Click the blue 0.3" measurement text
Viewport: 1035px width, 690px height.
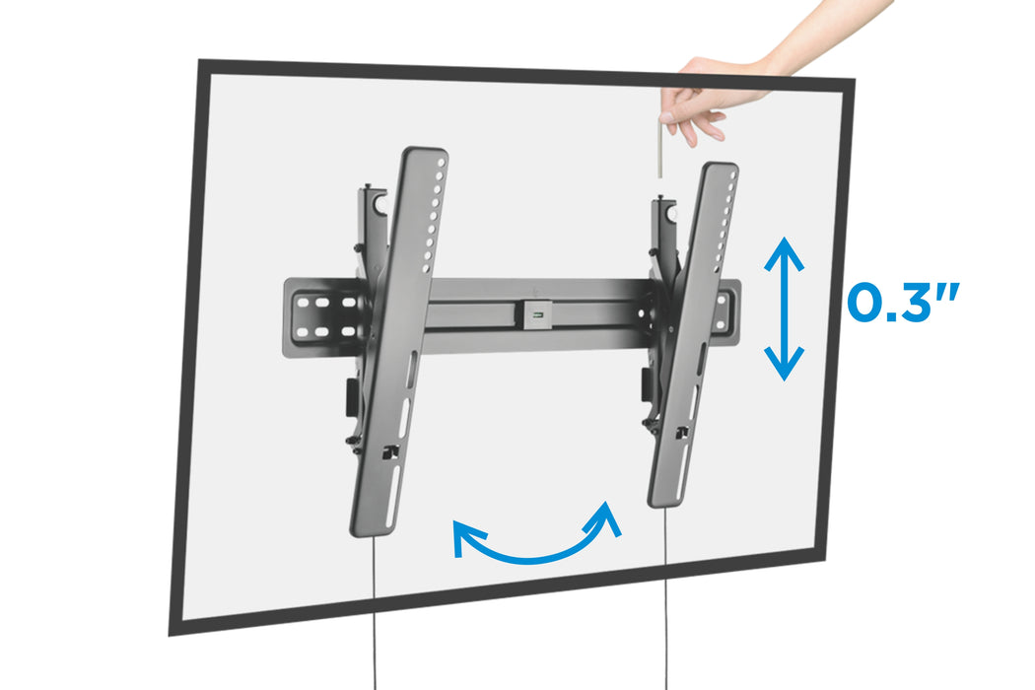pyautogui.click(x=902, y=303)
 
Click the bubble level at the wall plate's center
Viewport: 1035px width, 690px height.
pyautogui.click(x=537, y=314)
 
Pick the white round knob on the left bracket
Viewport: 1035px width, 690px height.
pyautogui.click(x=382, y=205)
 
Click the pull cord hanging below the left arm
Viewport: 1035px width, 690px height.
pyautogui.click(x=375, y=612)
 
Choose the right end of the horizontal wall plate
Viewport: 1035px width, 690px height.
pyautogui.click(x=731, y=314)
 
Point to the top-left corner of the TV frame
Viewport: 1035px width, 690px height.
pyautogui.click(x=199, y=61)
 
